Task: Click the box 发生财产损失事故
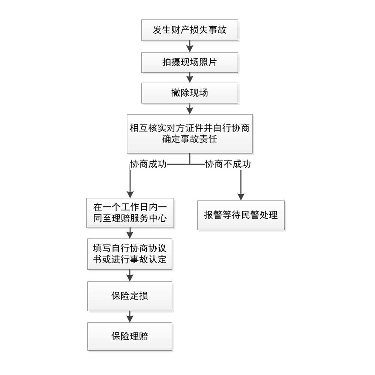click(x=189, y=30)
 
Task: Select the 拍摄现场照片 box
click(x=189, y=62)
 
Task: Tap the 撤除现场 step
click(x=189, y=93)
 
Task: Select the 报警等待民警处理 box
click(x=241, y=215)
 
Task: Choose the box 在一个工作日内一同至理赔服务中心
click(x=130, y=213)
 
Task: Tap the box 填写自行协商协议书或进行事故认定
click(x=130, y=254)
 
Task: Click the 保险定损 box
click(x=130, y=296)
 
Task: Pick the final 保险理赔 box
click(x=130, y=336)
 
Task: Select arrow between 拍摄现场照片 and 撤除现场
click(x=189, y=78)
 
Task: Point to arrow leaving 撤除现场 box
click(x=189, y=109)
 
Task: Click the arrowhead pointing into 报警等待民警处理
click(x=241, y=196)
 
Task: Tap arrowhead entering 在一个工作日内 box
click(x=130, y=194)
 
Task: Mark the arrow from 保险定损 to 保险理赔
click(x=130, y=316)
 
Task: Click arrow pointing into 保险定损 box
click(x=130, y=276)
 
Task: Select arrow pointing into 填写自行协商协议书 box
click(x=130, y=233)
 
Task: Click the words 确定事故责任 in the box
click(x=189, y=139)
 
